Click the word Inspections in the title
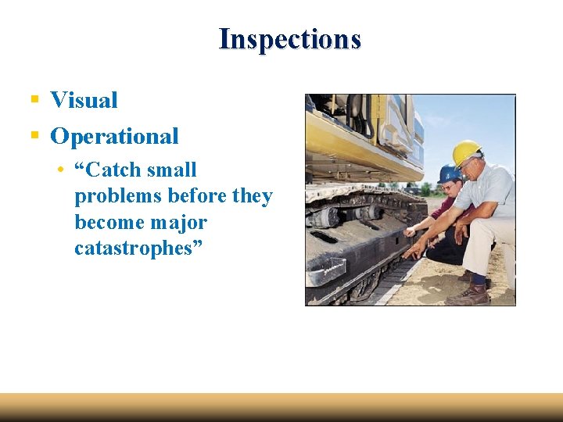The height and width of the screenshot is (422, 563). (x=289, y=38)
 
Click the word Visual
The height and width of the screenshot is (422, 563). (x=84, y=100)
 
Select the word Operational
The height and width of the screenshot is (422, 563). (x=114, y=136)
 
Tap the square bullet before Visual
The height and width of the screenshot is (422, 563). (x=34, y=100)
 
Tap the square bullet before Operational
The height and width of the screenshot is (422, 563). (x=34, y=136)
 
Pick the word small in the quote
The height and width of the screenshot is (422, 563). (x=171, y=170)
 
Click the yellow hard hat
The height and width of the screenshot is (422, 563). (x=466, y=152)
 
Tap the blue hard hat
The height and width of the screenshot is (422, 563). (x=448, y=173)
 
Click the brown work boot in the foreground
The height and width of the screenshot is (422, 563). (x=468, y=295)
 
